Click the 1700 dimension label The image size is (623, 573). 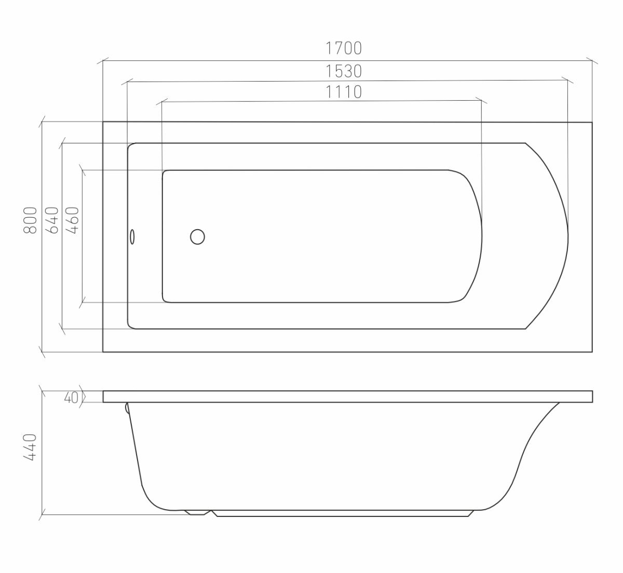coord(344,48)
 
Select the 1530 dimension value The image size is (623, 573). coord(344,71)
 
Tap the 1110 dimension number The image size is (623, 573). coord(344,92)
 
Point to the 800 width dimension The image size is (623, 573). coord(30,220)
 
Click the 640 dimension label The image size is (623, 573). coord(52,220)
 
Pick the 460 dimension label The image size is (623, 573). coord(72,220)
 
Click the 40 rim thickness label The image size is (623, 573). coord(71,397)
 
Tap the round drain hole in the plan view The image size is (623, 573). coord(197,237)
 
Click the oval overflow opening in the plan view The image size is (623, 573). coord(132,236)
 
